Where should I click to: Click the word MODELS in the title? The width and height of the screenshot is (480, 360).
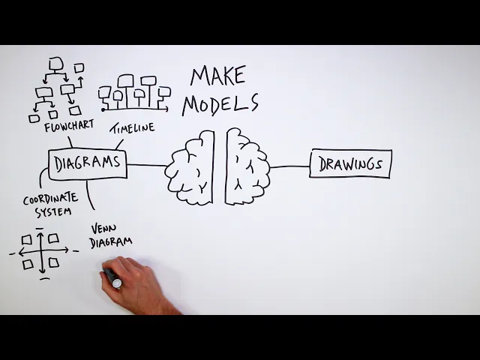coord(220,104)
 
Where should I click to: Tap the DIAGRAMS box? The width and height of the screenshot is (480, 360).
coord(88,164)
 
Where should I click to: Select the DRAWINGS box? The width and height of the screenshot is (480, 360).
coord(350,164)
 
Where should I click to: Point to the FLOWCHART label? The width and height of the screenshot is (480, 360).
coord(70,127)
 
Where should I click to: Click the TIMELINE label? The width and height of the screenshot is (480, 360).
coord(133,128)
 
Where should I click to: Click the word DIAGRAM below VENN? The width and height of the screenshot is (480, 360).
coord(111,241)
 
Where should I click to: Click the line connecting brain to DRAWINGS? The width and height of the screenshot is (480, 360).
coord(289,166)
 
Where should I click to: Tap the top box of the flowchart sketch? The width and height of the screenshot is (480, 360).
coord(55,63)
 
